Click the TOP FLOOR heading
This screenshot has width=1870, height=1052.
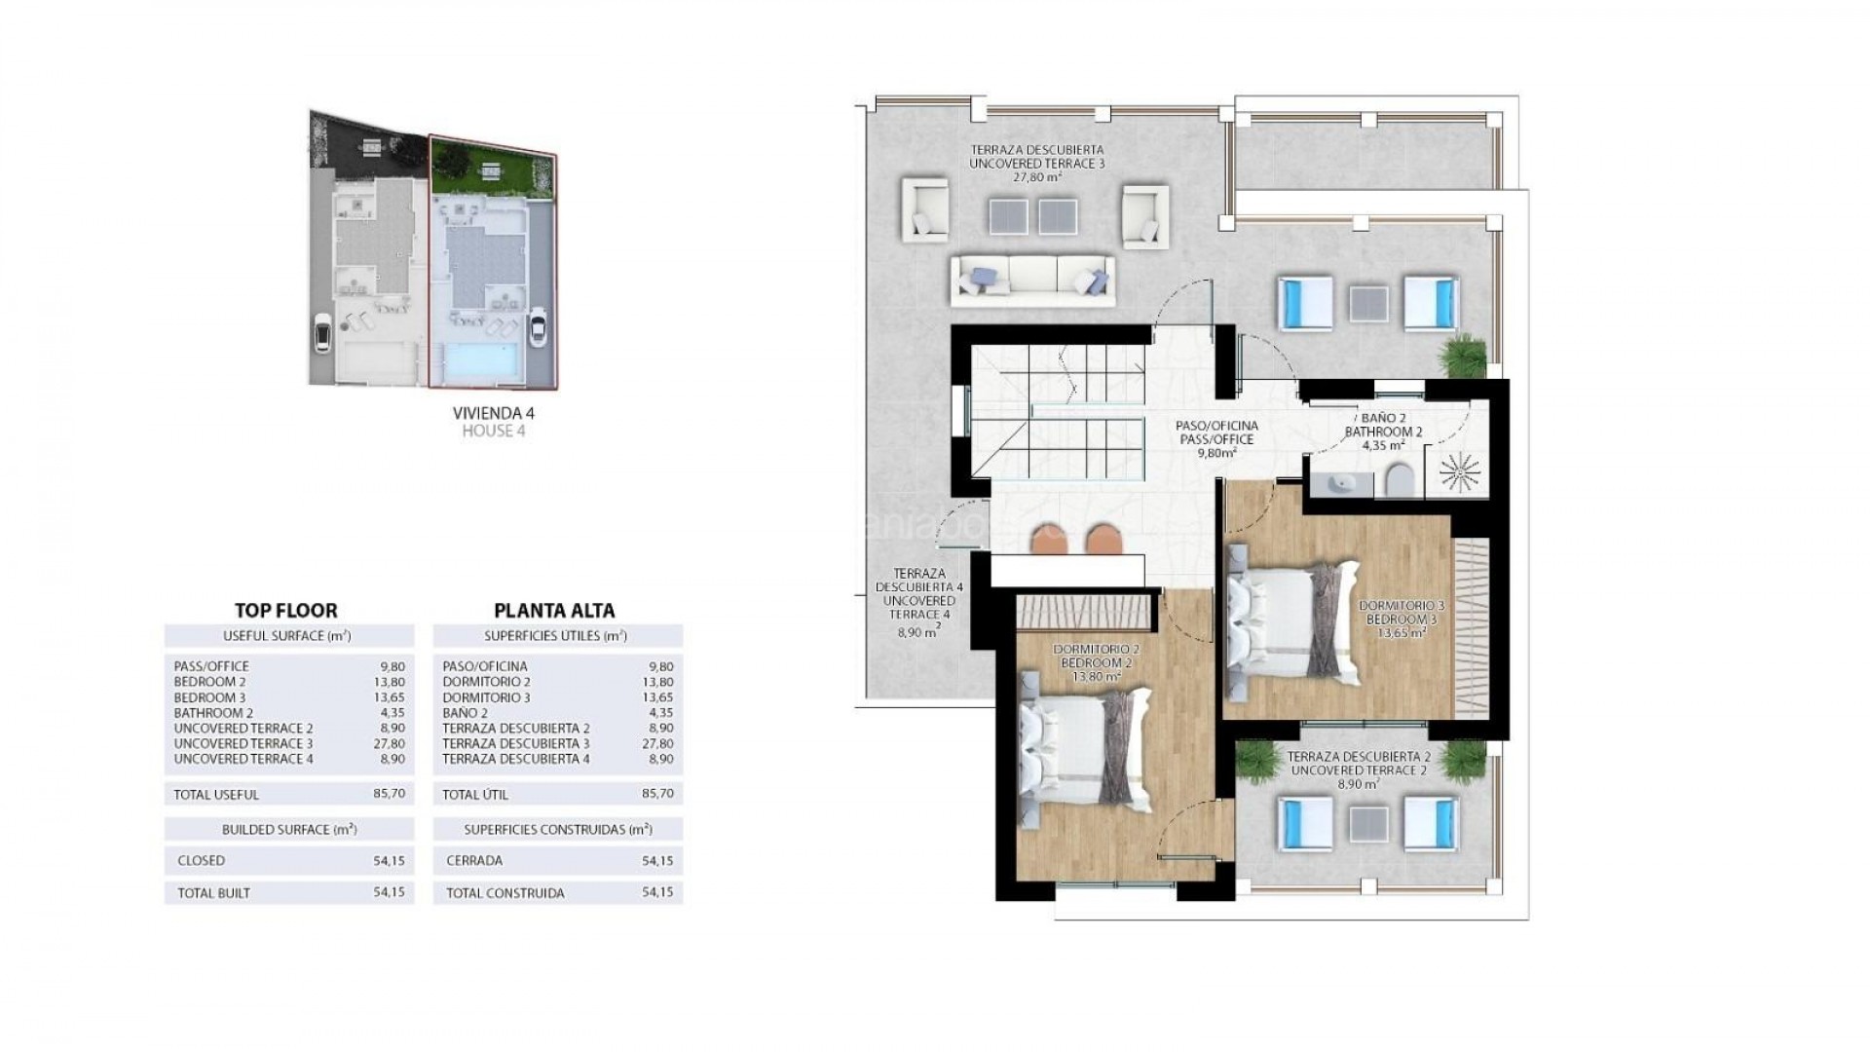[x=286, y=611]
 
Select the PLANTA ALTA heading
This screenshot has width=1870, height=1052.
[x=554, y=611]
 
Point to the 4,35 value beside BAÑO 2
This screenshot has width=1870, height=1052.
[x=658, y=713]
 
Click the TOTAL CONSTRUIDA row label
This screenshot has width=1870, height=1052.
[x=505, y=892]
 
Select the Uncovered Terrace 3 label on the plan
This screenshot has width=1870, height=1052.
[x=1036, y=164]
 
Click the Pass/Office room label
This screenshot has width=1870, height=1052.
[x=1217, y=439]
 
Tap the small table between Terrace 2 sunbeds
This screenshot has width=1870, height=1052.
[x=1369, y=822]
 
